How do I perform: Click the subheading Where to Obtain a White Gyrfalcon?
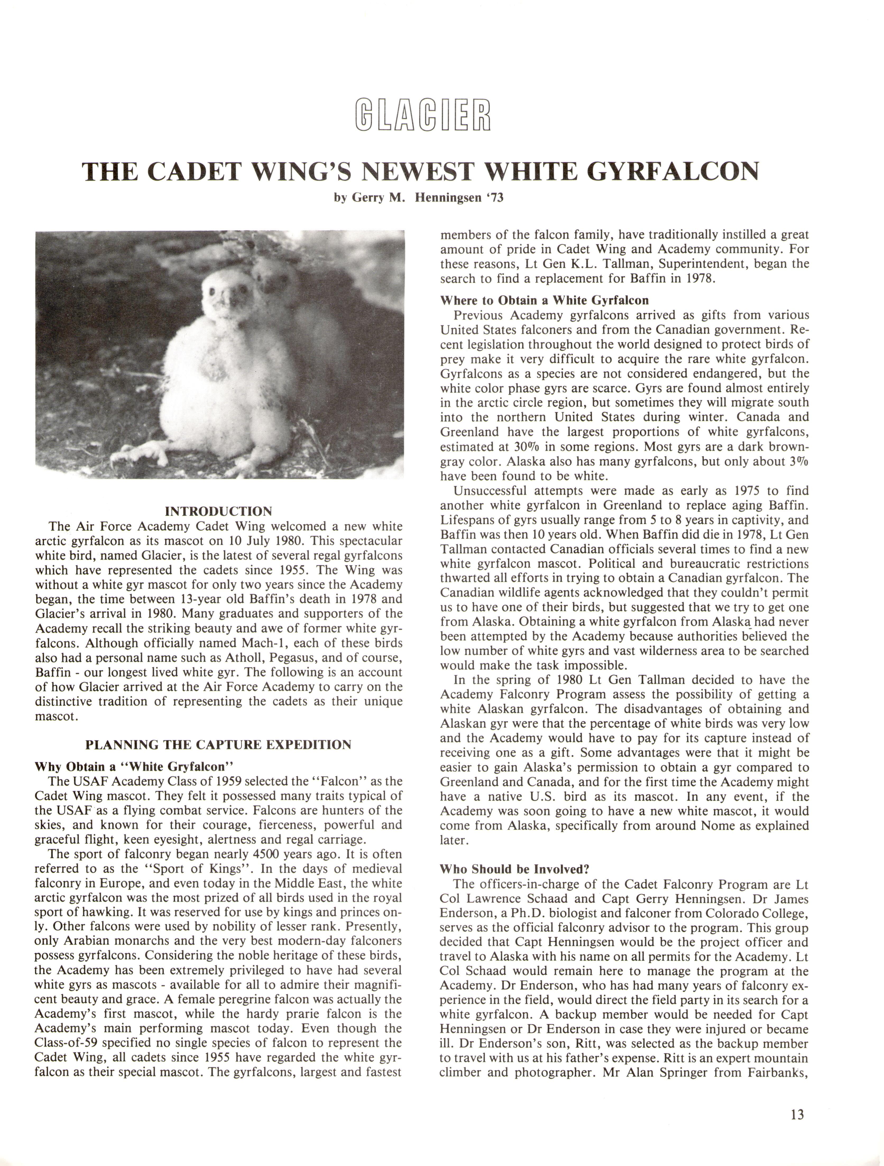545,300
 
